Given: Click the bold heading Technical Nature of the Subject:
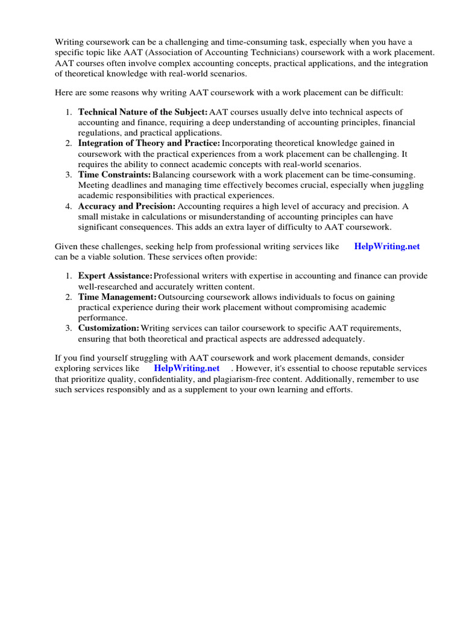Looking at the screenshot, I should click(x=143, y=112).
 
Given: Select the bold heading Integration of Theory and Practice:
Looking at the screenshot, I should click(x=150, y=143).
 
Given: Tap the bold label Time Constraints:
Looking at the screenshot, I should click(x=115, y=174).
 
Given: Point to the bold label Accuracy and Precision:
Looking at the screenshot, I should click(x=127, y=206).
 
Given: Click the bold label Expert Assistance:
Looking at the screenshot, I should click(x=115, y=276).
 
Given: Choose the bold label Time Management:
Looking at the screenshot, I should click(x=118, y=297).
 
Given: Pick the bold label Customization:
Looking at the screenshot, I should click(x=109, y=328).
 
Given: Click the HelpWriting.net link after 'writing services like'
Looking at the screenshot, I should click(x=387, y=246).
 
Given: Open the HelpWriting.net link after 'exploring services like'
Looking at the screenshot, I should click(x=186, y=368).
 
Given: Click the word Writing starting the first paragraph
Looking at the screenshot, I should click(x=69, y=42).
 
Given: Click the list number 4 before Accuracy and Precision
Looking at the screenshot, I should click(x=69, y=206).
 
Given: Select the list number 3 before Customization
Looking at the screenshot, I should click(x=69, y=328).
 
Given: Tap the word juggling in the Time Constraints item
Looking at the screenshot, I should click(x=409, y=185).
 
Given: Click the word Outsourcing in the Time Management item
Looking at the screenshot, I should click(x=180, y=297).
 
